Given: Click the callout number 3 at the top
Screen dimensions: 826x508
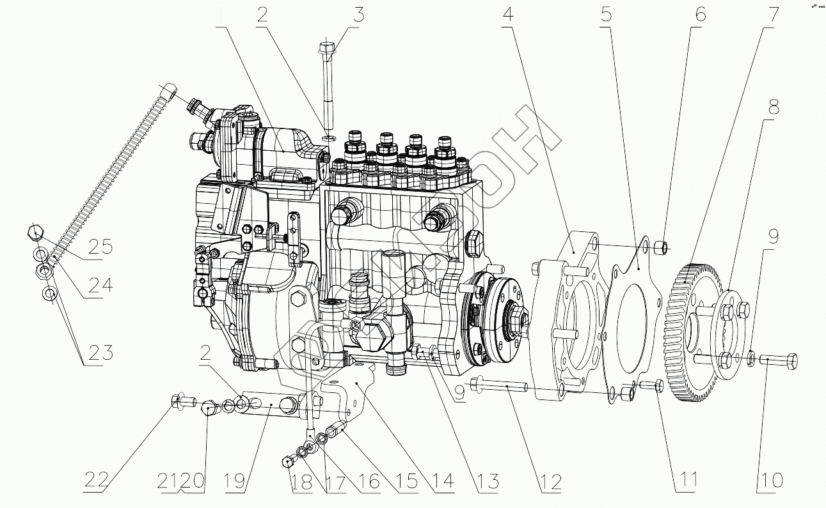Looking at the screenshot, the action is [360, 15].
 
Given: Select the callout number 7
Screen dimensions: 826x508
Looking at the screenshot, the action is [774, 15].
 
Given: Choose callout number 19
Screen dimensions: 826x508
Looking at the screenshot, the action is [235, 481].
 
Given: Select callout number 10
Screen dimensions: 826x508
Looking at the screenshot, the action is [770, 481].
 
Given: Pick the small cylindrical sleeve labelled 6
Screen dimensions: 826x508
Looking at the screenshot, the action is [662, 246].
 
